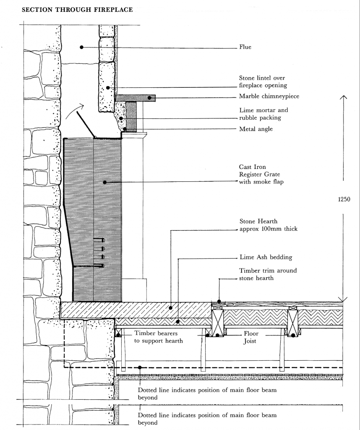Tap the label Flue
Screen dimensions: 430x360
click(245, 47)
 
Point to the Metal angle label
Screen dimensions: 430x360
click(256, 129)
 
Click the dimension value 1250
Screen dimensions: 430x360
click(344, 199)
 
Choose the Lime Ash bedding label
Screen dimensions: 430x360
click(266, 257)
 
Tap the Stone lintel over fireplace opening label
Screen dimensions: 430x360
click(263, 81)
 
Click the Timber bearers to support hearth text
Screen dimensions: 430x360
click(159, 337)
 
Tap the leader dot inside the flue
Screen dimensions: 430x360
click(81, 47)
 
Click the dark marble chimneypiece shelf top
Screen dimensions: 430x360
click(136, 97)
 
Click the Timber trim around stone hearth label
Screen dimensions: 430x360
click(268, 274)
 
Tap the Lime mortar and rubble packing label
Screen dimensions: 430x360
click(263, 114)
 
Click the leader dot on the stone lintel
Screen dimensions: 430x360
click(108, 88)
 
